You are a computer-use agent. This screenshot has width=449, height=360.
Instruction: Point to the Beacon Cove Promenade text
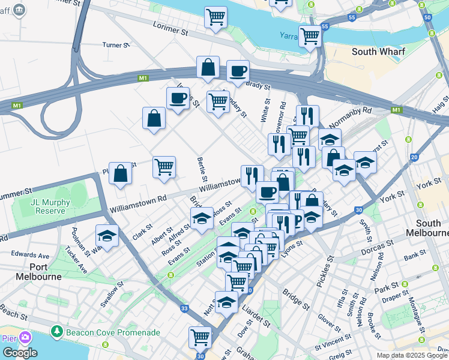[113, 332]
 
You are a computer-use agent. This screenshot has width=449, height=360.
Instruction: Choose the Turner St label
[116, 45]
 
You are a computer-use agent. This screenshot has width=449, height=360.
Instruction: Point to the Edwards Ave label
[29, 255]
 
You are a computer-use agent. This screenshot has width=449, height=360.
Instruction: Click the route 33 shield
[185, 308]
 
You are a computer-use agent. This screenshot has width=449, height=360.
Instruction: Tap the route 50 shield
[427, 17]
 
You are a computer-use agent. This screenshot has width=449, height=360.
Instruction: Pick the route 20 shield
[414, 157]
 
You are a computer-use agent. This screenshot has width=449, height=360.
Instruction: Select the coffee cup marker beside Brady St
[238, 71]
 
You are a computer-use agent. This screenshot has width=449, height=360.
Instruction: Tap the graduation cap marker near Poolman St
[107, 235]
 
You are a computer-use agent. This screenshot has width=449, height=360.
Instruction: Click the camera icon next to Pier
[25, 338]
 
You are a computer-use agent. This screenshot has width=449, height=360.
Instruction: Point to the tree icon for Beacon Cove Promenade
[56, 331]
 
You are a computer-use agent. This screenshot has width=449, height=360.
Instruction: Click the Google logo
[19, 352]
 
